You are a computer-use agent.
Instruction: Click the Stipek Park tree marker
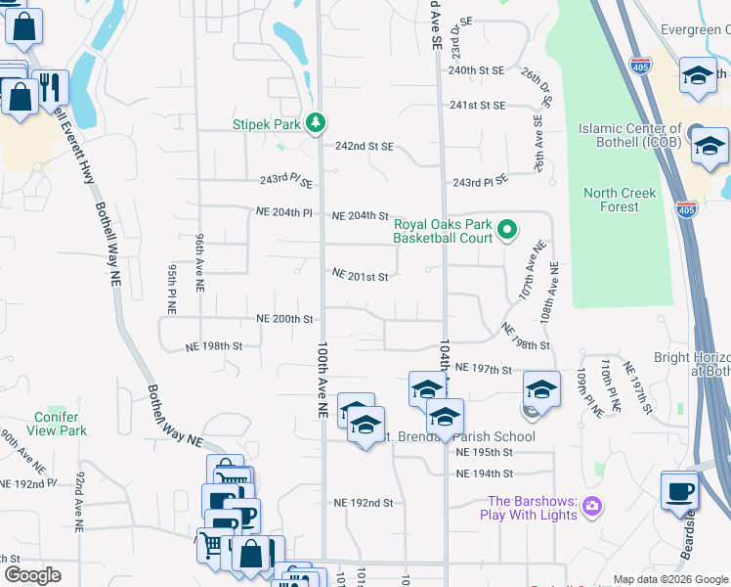(316, 123)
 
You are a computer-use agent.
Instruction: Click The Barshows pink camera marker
(591, 507)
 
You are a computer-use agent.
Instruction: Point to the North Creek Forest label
(625, 200)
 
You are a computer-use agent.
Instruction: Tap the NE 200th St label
(284, 319)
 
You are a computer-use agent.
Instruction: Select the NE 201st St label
(360, 277)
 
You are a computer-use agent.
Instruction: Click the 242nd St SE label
(364, 146)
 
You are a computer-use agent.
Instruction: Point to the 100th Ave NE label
(322, 382)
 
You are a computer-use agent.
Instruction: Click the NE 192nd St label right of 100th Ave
(363, 503)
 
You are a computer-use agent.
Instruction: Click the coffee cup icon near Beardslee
(679, 492)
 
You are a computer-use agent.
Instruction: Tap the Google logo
(32, 575)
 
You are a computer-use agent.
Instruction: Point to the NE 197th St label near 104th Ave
(484, 370)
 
